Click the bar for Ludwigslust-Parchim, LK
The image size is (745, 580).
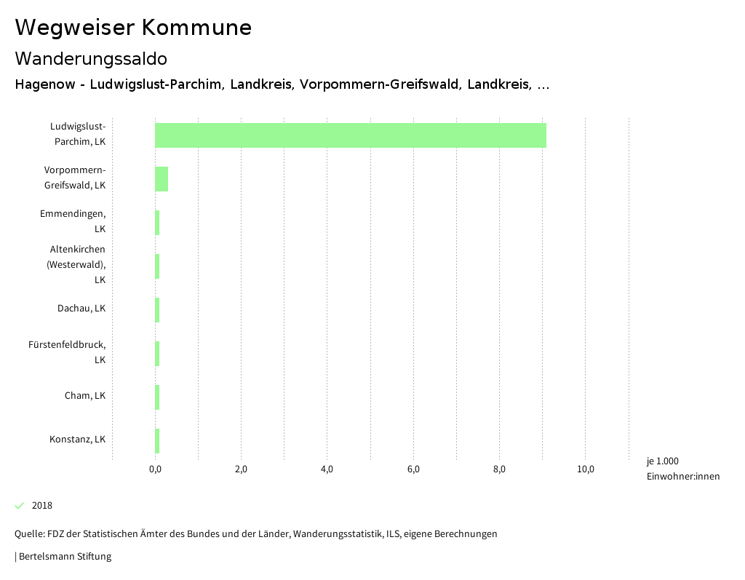click(350, 135)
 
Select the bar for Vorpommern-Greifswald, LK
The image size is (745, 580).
click(162, 179)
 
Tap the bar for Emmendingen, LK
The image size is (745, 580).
click(157, 223)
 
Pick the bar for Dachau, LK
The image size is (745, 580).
click(157, 310)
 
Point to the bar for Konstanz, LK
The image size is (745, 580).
click(157, 441)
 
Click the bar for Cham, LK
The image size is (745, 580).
click(157, 397)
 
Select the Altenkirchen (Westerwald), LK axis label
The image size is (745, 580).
click(76, 264)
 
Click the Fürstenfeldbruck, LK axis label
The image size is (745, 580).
click(67, 352)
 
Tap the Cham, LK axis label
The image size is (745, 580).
click(85, 396)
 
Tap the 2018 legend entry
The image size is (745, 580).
click(41, 506)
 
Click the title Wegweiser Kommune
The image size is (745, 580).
click(133, 28)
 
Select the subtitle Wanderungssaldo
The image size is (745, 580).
click(91, 58)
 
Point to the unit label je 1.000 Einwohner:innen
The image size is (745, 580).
click(682, 469)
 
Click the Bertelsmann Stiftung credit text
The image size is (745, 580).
click(65, 557)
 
